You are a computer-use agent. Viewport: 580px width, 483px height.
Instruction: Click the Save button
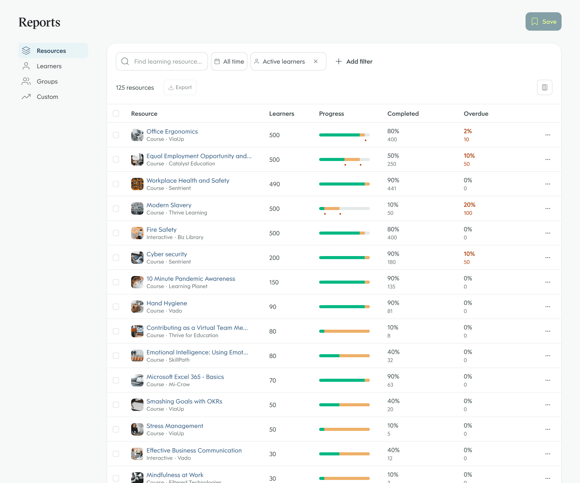click(543, 21)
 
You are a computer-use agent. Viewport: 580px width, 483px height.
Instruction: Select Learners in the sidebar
click(49, 66)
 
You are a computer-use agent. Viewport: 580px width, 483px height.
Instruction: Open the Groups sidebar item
click(47, 81)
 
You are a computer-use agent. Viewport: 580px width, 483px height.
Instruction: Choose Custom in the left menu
click(47, 97)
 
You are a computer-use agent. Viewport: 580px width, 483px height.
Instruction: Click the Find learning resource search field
click(167, 61)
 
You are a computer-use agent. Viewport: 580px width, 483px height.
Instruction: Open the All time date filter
click(229, 61)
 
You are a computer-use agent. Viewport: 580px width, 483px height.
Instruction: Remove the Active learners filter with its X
click(316, 61)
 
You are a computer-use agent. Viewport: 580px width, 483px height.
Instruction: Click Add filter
click(354, 61)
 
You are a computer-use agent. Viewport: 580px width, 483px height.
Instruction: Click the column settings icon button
click(544, 87)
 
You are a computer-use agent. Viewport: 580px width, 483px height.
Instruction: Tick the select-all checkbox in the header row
click(116, 113)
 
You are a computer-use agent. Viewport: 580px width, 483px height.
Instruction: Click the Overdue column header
click(476, 113)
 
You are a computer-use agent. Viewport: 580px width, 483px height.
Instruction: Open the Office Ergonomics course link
click(172, 131)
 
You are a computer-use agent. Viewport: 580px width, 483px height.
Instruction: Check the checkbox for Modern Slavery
click(116, 209)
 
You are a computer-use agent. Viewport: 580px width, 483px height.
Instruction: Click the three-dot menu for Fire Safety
click(547, 233)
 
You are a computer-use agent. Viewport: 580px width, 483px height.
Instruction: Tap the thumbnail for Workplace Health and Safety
click(137, 184)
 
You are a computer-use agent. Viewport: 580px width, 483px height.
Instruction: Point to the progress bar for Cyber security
click(344, 258)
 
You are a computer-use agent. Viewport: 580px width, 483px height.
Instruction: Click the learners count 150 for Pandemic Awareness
click(274, 282)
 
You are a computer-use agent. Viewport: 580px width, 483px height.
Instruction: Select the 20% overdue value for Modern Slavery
click(469, 205)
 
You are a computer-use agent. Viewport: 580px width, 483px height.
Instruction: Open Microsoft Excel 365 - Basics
click(185, 377)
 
